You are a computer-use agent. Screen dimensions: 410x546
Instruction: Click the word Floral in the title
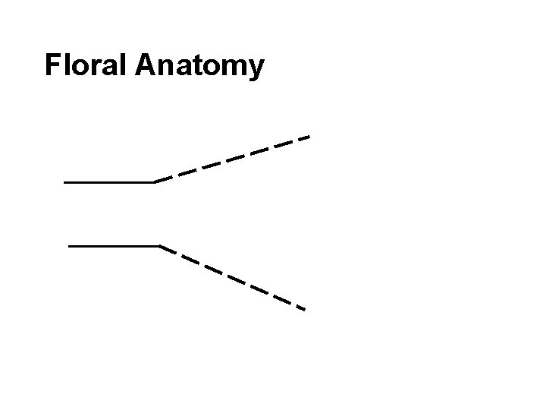pos(86,65)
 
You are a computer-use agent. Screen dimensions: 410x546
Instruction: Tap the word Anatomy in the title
pos(200,67)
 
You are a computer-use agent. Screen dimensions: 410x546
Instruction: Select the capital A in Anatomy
pos(146,65)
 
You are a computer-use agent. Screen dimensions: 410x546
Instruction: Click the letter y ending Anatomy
pos(256,69)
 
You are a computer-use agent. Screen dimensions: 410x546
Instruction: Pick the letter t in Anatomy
pos(192,66)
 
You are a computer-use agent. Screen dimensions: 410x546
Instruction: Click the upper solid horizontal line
pos(109,182)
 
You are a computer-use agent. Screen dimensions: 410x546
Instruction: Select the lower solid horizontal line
pos(114,246)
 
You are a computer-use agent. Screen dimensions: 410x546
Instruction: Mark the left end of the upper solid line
pos(66,182)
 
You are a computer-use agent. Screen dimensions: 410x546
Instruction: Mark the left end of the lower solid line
pos(70,246)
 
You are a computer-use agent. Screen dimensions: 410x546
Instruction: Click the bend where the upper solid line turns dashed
pos(155,182)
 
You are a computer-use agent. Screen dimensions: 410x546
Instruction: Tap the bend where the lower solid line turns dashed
pos(161,246)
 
